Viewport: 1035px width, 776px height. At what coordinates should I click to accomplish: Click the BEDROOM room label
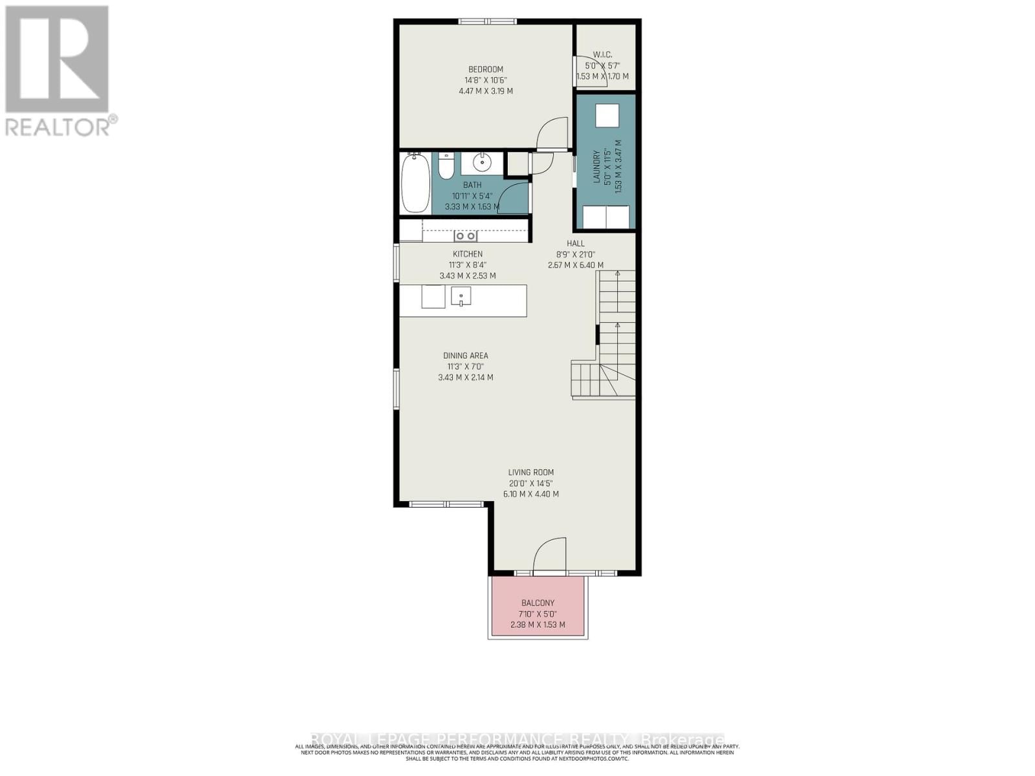485,69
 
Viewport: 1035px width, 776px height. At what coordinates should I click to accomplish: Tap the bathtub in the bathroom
415,183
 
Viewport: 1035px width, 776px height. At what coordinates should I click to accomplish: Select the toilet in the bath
446,166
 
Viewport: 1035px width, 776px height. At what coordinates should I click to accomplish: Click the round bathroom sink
482,161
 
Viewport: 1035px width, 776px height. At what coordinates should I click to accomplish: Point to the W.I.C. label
602,55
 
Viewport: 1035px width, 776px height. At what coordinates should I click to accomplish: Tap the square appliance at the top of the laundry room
607,116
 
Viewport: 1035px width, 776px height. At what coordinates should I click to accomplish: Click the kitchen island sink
461,297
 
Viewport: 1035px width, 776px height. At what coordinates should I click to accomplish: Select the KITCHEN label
467,254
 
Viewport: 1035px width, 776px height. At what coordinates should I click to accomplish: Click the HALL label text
575,243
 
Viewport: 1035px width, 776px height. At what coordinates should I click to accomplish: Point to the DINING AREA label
465,356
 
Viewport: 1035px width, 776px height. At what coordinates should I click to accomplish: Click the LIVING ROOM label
530,473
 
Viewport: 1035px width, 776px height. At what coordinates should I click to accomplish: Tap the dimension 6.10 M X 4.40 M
530,494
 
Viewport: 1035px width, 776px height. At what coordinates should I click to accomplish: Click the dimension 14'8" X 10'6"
485,80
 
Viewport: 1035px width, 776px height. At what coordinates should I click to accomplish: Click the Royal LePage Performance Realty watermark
517,739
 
